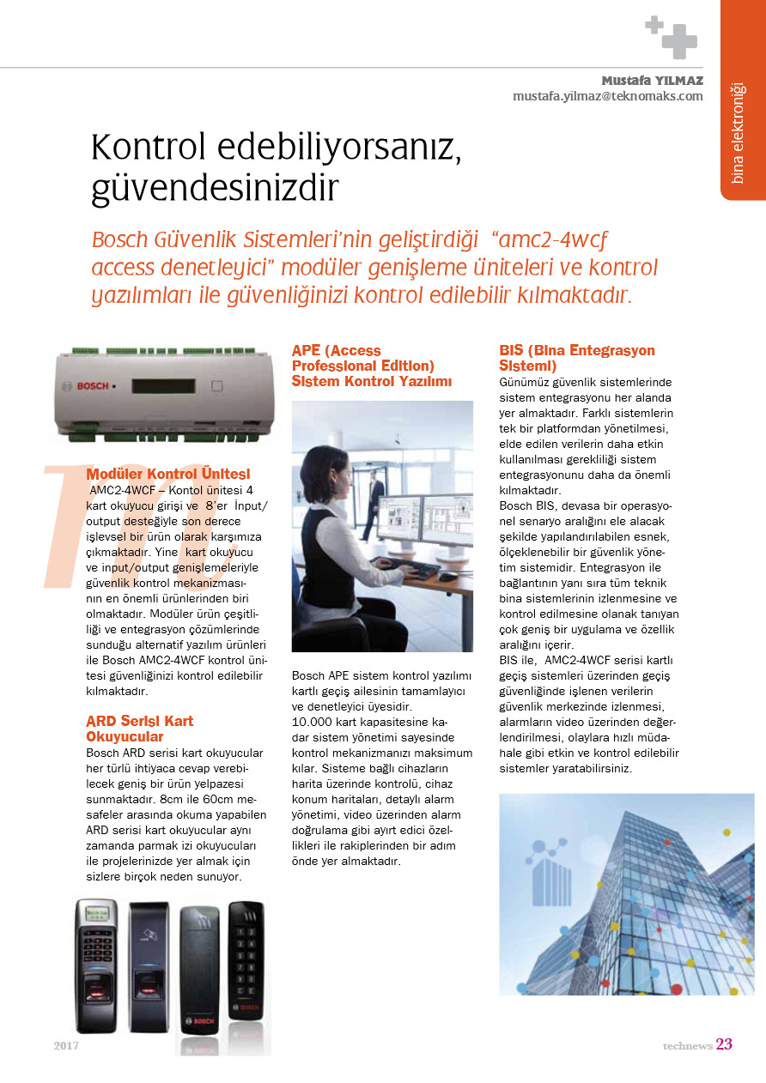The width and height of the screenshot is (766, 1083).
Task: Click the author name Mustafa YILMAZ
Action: (652, 81)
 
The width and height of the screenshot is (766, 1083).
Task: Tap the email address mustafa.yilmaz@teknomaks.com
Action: (607, 96)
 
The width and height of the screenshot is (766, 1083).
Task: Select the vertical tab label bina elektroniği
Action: (738, 133)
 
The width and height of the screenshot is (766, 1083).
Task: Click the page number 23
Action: (724, 1044)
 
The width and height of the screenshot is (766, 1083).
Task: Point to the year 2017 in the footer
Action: (66, 1046)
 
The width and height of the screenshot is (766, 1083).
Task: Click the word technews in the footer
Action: (687, 1046)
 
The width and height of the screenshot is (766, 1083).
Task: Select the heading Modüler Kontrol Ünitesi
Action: (168, 474)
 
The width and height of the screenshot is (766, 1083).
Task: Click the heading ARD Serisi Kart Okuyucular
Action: (140, 729)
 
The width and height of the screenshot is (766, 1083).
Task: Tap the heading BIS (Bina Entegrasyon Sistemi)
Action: (576, 358)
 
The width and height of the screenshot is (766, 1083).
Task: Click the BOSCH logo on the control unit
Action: (94, 386)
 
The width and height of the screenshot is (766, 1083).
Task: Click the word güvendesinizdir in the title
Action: (216, 188)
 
